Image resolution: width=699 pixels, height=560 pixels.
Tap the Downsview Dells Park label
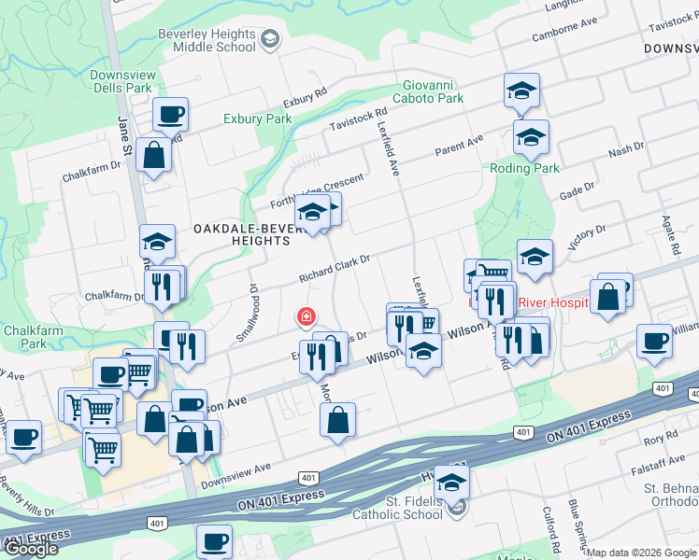click(x=121, y=81)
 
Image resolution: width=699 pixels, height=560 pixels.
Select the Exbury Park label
click(x=258, y=119)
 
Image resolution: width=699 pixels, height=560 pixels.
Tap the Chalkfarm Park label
click(x=24, y=336)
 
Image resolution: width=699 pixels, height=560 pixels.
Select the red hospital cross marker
click(x=305, y=317)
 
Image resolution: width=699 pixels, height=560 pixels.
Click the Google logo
click(x=30, y=548)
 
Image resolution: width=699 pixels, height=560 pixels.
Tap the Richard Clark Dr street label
click(x=335, y=269)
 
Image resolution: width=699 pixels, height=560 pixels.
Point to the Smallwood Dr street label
click(x=248, y=313)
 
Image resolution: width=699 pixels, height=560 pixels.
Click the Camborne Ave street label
click(x=563, y=31)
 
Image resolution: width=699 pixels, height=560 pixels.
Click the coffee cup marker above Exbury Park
click(x=171, y=115)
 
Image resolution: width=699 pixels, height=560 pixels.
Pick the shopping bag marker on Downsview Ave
click(x=337, y=420)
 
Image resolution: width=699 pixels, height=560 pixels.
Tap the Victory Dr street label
click(x=587, y=233)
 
